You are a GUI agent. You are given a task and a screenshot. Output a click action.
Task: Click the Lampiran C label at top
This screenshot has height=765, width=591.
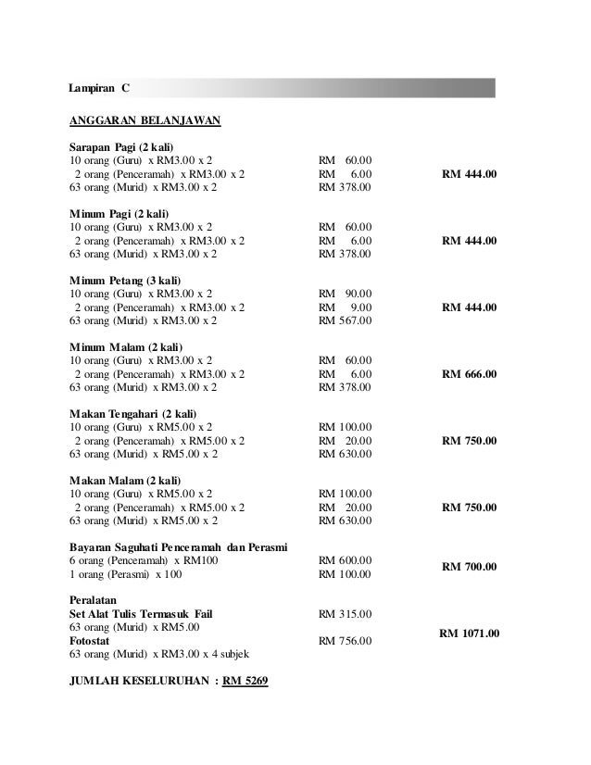point(100,88)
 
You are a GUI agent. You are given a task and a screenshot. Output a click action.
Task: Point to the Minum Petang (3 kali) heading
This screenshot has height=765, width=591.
point(126,281)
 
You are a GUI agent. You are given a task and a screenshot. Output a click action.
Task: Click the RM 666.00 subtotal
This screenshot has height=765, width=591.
point(469,374)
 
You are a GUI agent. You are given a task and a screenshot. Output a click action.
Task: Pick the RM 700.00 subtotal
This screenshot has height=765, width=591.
point(469,567)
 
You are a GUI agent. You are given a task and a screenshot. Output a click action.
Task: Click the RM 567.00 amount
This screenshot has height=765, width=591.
point(345,321)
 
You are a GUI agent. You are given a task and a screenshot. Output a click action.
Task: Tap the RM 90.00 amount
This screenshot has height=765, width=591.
point(345,294)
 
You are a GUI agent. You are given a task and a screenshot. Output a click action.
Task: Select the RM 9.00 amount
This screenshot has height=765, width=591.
point(345,307)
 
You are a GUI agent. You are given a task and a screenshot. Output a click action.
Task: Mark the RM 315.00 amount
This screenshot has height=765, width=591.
point(345,614)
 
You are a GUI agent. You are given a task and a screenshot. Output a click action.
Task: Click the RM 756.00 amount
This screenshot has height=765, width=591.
point(345,641)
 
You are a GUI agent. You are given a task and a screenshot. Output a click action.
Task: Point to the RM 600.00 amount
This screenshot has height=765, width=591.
point(345,560)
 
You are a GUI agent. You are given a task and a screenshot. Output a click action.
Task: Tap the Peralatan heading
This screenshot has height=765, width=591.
point(96,600)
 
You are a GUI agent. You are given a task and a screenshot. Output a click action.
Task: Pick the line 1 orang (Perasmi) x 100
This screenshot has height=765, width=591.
point(126,574)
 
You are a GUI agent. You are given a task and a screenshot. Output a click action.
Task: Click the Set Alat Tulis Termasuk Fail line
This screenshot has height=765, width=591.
point(146,614)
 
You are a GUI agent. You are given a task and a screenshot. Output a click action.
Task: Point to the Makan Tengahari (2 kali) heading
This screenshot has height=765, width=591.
point(135,413)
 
